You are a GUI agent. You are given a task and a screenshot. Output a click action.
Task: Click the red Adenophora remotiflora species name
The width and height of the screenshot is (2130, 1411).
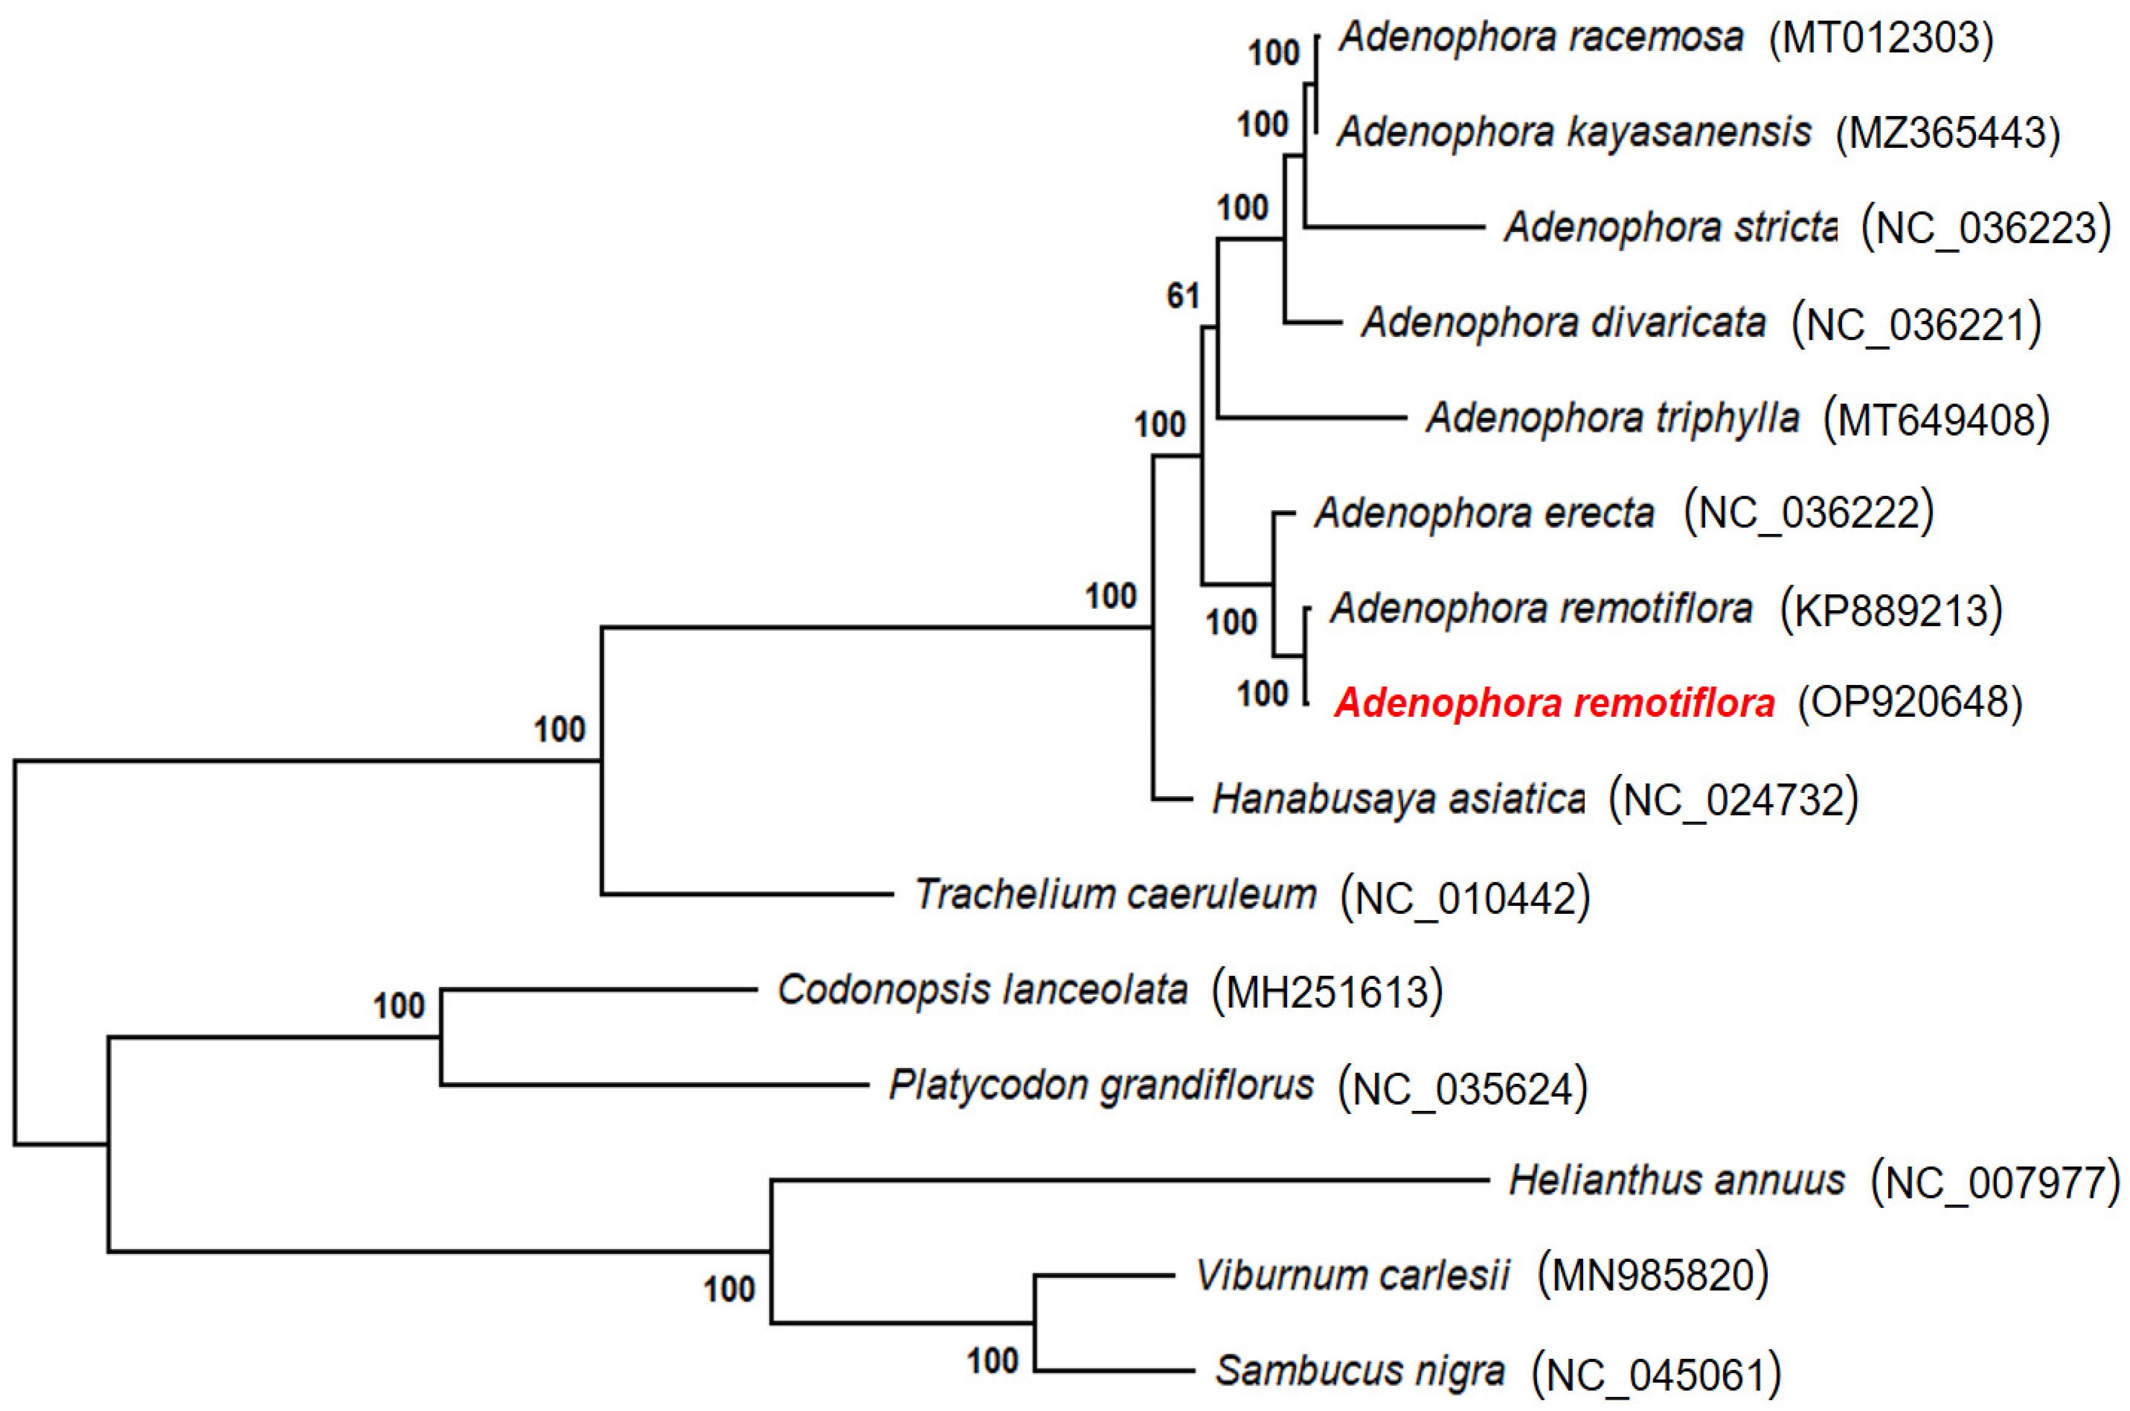[1554, 703]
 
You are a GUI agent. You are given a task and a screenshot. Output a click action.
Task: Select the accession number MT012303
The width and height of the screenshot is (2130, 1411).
[1881, 39]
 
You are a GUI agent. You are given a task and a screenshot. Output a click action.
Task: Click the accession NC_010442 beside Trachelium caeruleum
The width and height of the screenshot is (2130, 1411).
[1465, 897]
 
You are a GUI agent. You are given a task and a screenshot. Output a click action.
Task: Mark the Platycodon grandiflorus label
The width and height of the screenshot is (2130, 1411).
[1101, 1085]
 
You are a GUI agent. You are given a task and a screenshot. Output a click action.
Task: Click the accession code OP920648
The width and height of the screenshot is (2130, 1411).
[1910, 703]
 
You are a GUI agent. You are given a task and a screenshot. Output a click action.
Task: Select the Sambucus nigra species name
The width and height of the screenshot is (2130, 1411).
[1360, 1370]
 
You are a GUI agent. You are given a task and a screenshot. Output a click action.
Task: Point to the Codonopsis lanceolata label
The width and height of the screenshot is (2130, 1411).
[982, 990]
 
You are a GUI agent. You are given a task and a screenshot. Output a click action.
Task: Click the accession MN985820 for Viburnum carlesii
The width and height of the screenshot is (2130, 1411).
[1652, 1275]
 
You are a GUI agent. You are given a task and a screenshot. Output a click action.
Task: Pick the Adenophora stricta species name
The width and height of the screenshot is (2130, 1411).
[1669, 226]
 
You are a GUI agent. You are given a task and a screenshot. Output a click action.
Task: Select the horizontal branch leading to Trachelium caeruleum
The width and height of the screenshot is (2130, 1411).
[747, 894]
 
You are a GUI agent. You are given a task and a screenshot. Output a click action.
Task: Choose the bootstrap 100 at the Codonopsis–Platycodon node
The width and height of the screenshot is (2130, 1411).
[398, 1005]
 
